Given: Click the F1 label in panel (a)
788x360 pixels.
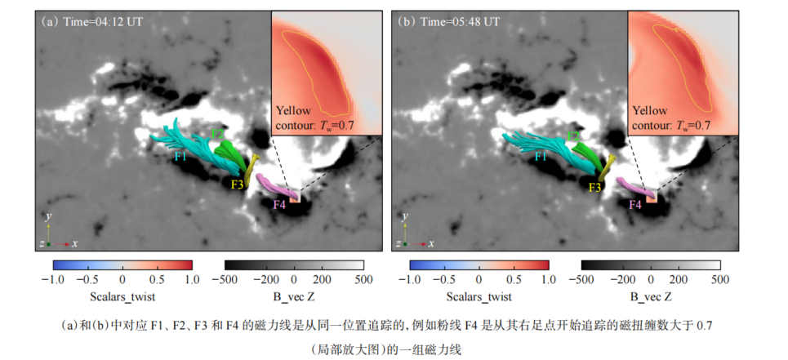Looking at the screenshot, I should (181, 155).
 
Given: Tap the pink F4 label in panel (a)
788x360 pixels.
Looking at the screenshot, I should (278, 204).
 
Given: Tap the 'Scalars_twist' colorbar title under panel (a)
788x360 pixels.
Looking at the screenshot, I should (123, 297).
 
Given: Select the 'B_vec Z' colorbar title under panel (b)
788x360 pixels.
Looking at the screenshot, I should (651, 297).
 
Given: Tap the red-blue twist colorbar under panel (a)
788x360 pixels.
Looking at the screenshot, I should (122, 265).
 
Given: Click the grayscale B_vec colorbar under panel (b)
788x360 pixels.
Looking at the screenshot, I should (651, 265).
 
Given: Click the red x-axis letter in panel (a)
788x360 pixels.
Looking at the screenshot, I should (75, 243).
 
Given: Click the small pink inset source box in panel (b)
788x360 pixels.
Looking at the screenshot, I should (652, 197).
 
